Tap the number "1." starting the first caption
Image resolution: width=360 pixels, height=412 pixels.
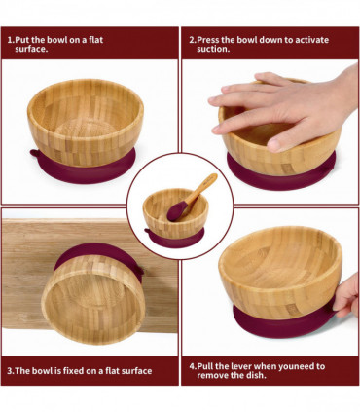[x=12, y=40]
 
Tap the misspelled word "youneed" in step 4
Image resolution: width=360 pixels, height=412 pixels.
[x=294, y=366]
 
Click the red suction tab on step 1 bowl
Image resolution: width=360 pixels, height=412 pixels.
[x=35, y=153]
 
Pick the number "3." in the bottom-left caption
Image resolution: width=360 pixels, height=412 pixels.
[x=12, y=370]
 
